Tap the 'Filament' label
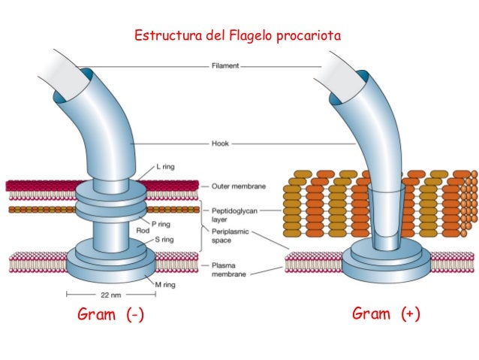point(224,66)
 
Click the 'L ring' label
point(166,167)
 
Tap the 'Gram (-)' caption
point(110,315)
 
